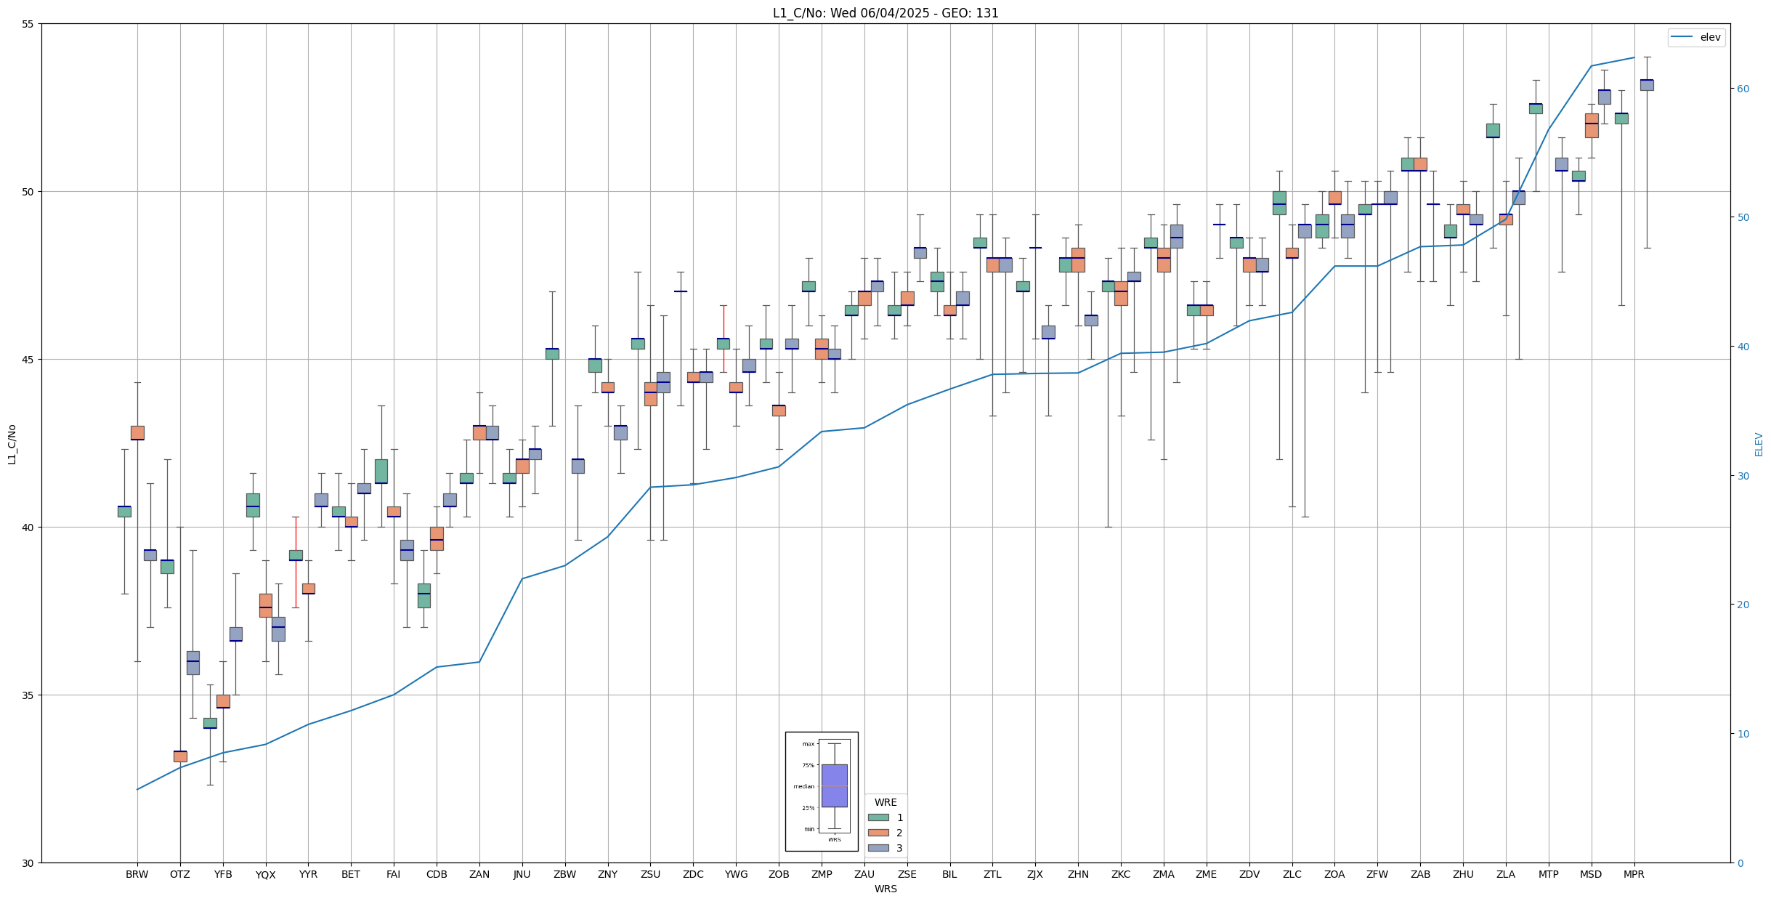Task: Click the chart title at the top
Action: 885,13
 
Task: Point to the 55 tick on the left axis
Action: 28,24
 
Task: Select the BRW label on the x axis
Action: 137,874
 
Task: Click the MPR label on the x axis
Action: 1634,874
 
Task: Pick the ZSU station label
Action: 650,874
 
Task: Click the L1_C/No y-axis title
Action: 12,444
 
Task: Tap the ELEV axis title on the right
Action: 1759,444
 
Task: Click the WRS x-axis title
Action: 885,889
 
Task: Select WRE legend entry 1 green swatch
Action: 878,817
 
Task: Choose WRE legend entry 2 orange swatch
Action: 878,833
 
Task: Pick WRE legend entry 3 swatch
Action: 878,848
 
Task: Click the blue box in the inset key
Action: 834,785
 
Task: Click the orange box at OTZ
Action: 180,756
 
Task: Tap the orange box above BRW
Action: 137,432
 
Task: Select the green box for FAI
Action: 381,471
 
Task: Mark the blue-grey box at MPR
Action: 1647,85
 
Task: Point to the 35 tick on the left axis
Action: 28,695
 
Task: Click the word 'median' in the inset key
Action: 803,786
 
